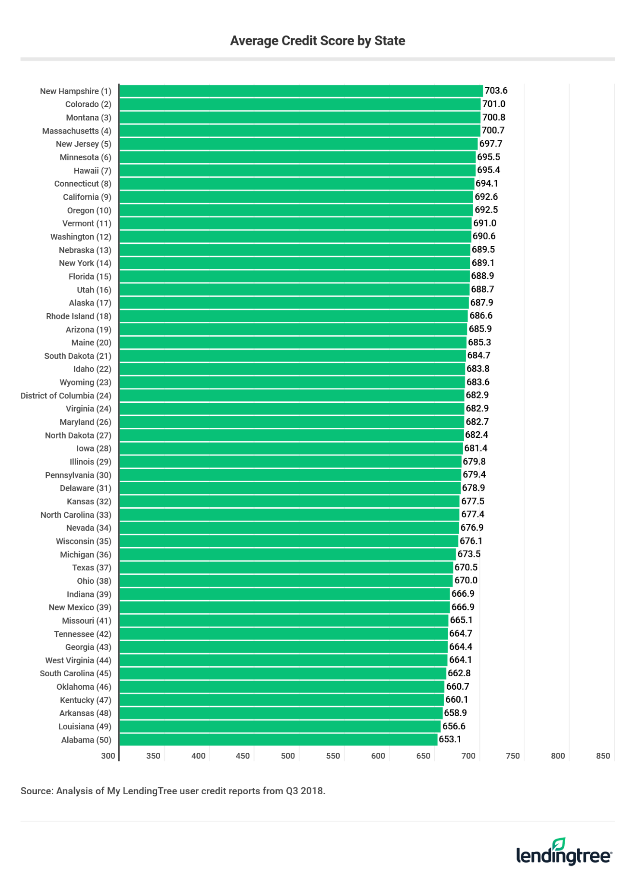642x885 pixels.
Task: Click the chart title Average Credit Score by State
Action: tap(317, 41)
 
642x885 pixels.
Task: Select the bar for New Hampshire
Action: tap(300, 91)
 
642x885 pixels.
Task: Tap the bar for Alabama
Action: tap(278, 739)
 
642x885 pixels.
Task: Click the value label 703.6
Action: tap(496, 91)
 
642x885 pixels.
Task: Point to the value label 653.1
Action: tap(450, 739)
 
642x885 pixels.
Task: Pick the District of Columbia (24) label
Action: tap(66, 395)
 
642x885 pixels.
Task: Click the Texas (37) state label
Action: tap(92, 567)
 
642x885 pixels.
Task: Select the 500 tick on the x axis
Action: tap(288, 756)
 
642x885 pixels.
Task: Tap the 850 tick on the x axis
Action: tap(603, 756)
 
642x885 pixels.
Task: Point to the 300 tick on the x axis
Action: tap(108, 756)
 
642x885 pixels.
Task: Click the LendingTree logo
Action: tap(564, 853)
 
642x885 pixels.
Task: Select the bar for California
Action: tap(296, 197)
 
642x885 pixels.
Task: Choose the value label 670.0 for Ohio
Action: tap(466, 580)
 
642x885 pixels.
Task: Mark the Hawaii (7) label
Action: tap(92, 170)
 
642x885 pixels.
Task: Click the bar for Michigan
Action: tap(287, 554)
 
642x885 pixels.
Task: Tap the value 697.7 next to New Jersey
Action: tap(490, 143)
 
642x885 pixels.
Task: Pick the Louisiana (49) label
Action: tap(85, 726)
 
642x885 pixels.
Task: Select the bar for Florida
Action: tap(294, 276)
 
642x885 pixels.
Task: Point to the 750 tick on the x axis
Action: tap(512, 756)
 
